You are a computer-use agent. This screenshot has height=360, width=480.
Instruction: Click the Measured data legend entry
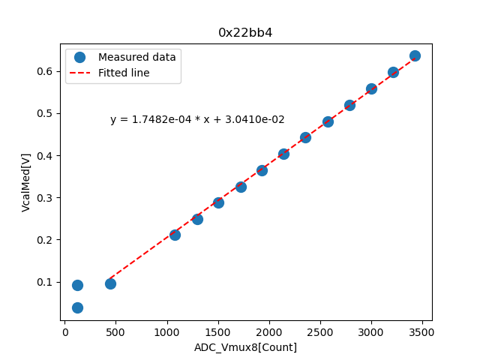136,57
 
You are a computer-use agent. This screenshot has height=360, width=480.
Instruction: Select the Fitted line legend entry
124,73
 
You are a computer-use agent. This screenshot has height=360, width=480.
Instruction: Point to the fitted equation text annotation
197,119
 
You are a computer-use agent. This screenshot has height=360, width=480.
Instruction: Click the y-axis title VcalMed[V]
26,182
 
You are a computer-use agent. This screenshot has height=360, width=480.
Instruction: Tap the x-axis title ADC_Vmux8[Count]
245,347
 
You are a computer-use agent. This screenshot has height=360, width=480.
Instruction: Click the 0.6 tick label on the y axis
45,71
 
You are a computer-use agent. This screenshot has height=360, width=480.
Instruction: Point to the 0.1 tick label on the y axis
45,282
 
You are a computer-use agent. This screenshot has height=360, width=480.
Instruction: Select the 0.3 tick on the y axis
45,198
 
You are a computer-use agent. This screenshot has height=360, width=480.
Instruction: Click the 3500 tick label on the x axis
422,331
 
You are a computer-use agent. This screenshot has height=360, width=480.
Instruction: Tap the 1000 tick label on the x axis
166,331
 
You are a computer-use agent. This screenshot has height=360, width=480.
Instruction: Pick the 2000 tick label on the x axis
269,331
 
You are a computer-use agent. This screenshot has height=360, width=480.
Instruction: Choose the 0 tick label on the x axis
64,331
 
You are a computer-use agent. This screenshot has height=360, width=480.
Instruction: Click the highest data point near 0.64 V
415,56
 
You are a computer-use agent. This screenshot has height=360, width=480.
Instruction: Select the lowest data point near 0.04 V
77,307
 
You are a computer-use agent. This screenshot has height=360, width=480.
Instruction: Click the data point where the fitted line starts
110,283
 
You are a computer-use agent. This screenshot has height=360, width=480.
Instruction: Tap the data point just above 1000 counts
175,235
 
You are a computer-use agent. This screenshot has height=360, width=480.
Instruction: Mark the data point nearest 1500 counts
218,202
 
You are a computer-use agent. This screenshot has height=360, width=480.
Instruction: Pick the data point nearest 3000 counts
371,88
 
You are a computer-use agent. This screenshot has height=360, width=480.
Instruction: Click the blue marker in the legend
80,57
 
